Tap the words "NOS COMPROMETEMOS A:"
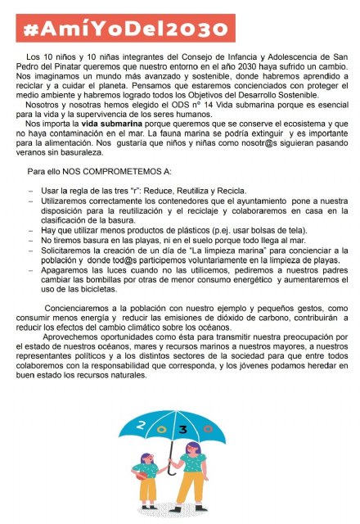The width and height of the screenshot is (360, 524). [103, 174]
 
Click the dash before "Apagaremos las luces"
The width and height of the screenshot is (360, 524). [30, 268]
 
